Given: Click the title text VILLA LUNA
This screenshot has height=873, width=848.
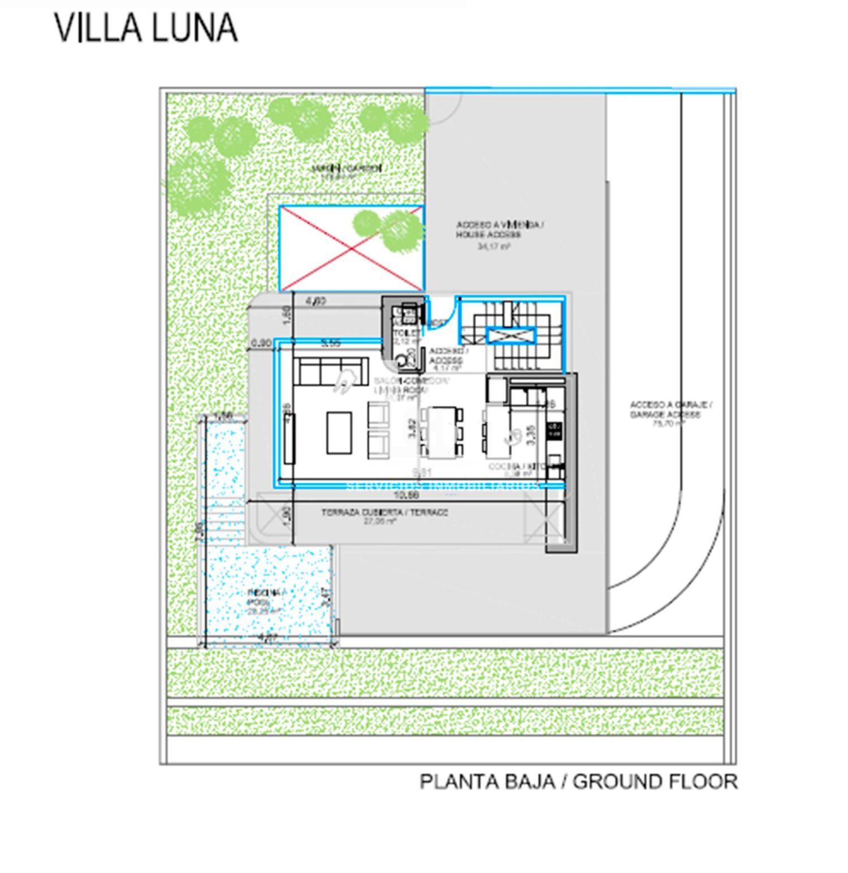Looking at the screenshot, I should (x=146, y=28).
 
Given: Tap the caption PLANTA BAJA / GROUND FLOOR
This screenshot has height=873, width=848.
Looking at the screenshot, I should (x=578, y=782).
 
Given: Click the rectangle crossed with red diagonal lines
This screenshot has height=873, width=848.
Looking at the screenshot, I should (x=351, y=248).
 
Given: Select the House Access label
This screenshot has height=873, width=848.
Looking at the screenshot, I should (x=499, y=230).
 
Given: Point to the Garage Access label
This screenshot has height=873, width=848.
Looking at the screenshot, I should (x=671, y=410).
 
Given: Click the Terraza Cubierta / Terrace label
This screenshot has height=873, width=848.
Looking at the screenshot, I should (x=384, y=513).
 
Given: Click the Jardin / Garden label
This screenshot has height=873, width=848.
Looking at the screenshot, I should (x=347, y=168).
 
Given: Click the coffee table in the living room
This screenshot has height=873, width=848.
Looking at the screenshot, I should (x=339, y=432).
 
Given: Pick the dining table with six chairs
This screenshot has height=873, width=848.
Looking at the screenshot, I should (x=441, y=432).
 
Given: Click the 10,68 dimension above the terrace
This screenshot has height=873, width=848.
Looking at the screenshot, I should (x=408, y=496).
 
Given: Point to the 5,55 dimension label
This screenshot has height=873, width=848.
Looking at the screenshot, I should (x=330, y=343).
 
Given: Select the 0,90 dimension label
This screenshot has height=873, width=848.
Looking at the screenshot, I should (x=261, y=343).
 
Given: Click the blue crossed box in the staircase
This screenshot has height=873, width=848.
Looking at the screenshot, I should (x=510, y=336).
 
